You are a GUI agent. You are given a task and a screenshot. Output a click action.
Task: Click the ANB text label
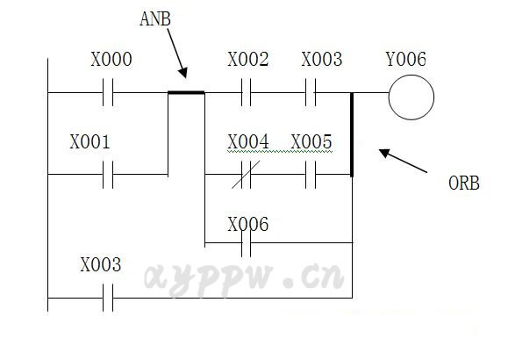click(x=155, y=18)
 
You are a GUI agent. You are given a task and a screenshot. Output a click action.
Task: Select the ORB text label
click(x=464, y=183)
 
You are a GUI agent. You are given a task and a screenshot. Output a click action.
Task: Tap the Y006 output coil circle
click(x=411, y=97)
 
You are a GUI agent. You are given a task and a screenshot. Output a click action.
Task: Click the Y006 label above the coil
click(x=406, y=59)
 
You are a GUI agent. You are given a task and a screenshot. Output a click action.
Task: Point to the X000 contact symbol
click(x=108, y=92)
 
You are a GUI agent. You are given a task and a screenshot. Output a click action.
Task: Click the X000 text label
click(x=111, y=59)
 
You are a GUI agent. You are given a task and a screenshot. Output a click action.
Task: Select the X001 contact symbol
click(x=108, y=175)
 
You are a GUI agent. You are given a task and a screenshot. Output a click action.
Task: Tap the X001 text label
click(x=90, y=141)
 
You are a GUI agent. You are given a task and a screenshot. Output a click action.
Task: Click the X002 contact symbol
click(x=247, y=92)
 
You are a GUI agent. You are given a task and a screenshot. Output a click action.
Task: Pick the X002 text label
click(x=248, y=59)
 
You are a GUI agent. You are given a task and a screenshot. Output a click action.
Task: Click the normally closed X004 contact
click(x=246, y=175)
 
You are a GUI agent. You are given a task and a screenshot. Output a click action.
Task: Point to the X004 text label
click(x=248, y=141)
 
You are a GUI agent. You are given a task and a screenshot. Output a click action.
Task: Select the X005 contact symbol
click(x=311, y=175)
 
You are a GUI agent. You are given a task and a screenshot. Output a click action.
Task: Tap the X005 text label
click(x=311, y=141)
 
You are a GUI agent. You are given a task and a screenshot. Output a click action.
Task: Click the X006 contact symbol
click(x=247, y=242)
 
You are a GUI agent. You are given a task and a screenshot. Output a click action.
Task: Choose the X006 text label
click(x=248, y=224)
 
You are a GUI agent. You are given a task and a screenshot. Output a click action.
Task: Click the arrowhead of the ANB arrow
click(x=183, y=73)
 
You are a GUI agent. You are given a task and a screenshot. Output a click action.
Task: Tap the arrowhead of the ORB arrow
click(x=384, y=153)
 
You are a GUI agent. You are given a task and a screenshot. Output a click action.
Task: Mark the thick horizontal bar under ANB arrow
click(x=186, y=93)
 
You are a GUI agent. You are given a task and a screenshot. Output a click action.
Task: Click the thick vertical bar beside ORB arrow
click(x=352, y=134)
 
